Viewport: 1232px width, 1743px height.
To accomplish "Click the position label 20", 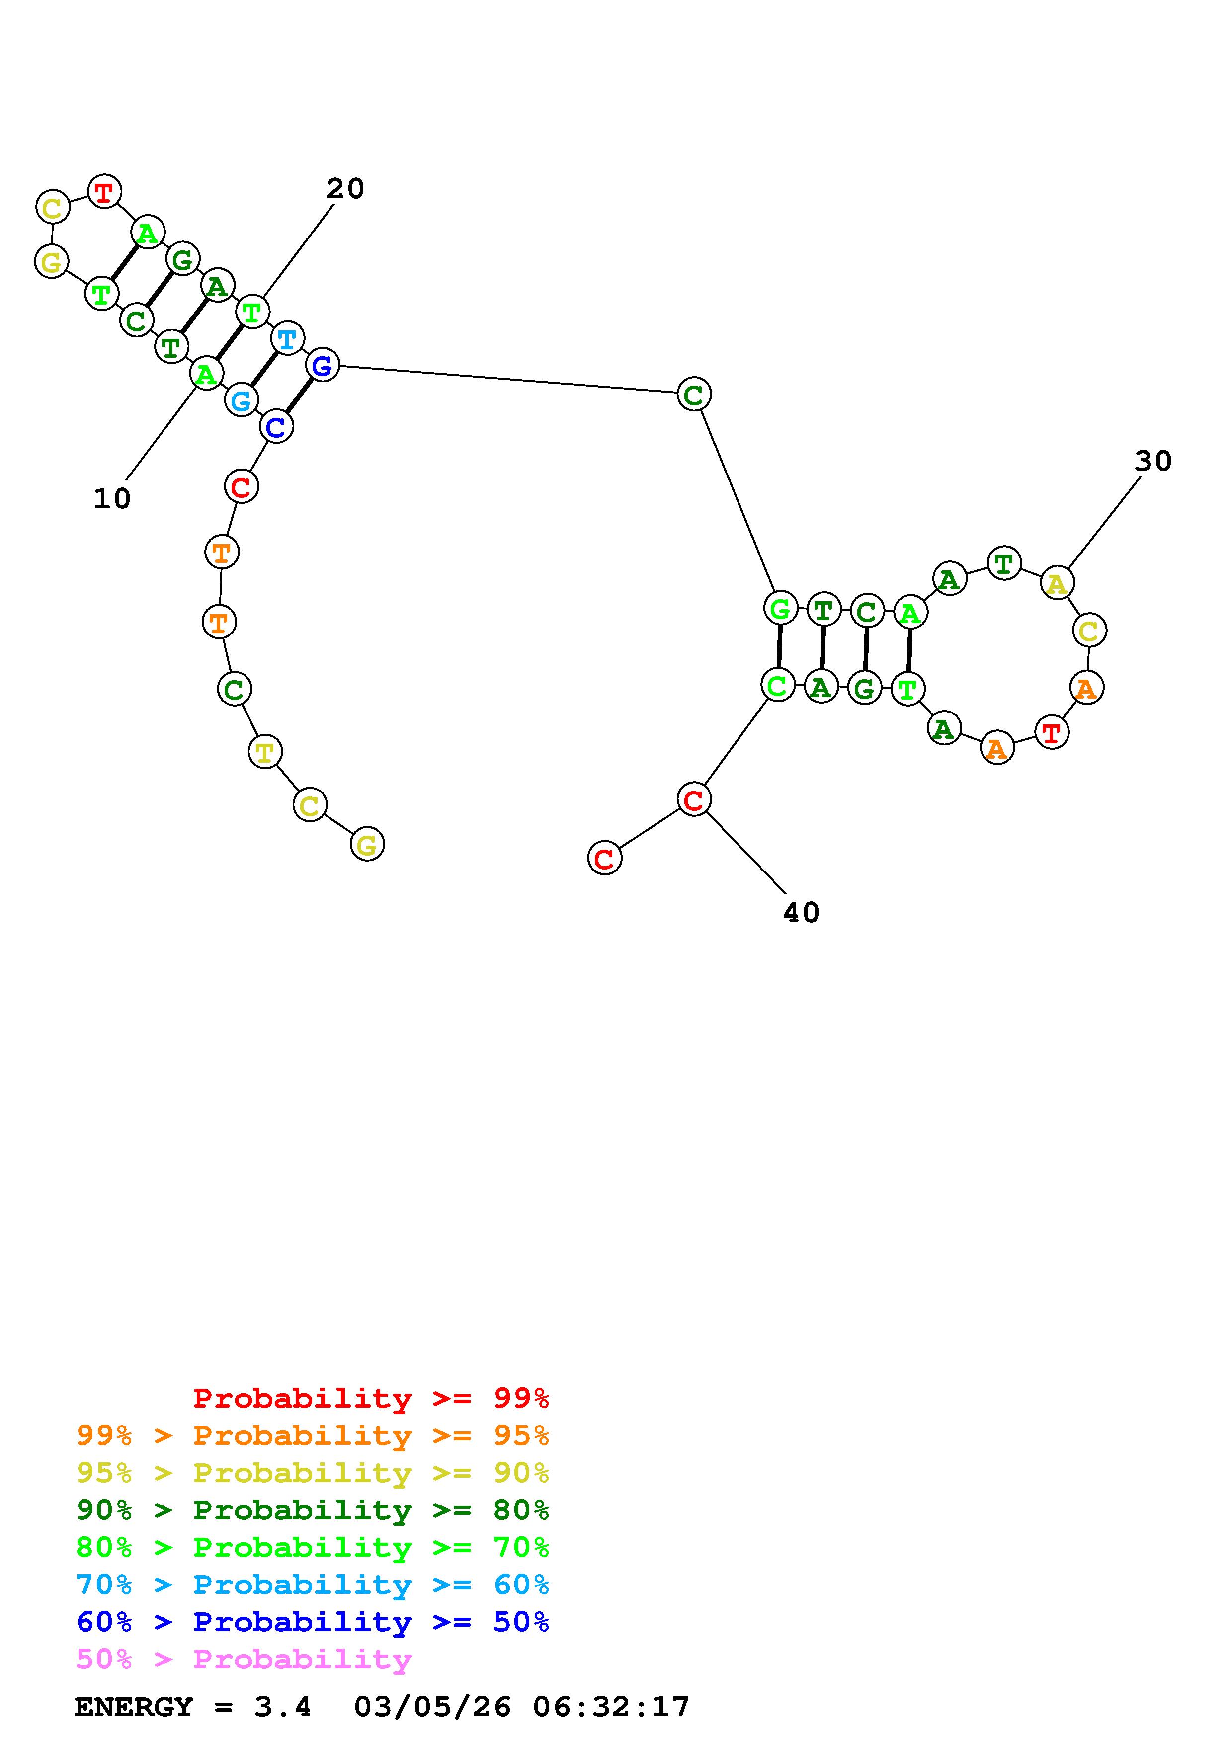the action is (345, 189).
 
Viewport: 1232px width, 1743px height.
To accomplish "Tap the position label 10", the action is (112, 499).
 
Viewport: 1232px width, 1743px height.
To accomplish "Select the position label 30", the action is (1153, 461).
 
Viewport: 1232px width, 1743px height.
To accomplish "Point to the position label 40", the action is (801, 913).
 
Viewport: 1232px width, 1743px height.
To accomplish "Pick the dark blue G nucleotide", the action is (323, 366).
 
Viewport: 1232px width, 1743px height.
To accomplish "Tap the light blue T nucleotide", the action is (287, 338).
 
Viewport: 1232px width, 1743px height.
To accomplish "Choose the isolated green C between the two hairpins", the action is (694, 395).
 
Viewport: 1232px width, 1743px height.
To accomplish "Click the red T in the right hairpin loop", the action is (1051, 732).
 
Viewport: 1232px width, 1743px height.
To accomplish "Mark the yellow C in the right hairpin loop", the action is (1088, 630).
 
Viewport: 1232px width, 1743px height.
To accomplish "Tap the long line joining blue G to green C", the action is (508, 380).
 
